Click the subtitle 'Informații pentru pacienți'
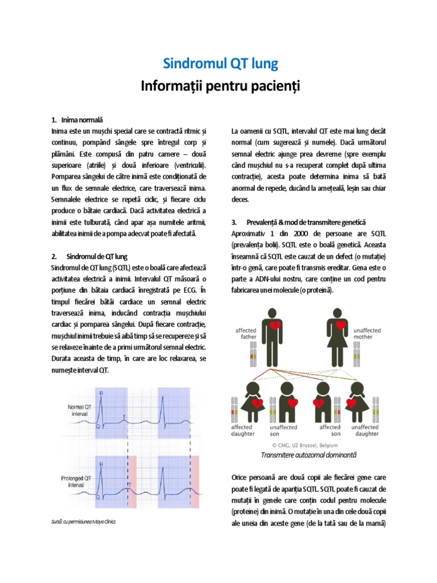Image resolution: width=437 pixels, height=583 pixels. (220, 86)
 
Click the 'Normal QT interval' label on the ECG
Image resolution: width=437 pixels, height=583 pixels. (79, 410)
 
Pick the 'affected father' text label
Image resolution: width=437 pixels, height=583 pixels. (246, 333)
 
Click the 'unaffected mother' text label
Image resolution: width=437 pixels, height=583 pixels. (366, 333)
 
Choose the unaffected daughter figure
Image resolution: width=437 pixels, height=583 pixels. (357, 401)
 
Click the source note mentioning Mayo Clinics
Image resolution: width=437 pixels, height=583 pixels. (83, 522)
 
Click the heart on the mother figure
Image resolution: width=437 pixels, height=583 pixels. (341, 326)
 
